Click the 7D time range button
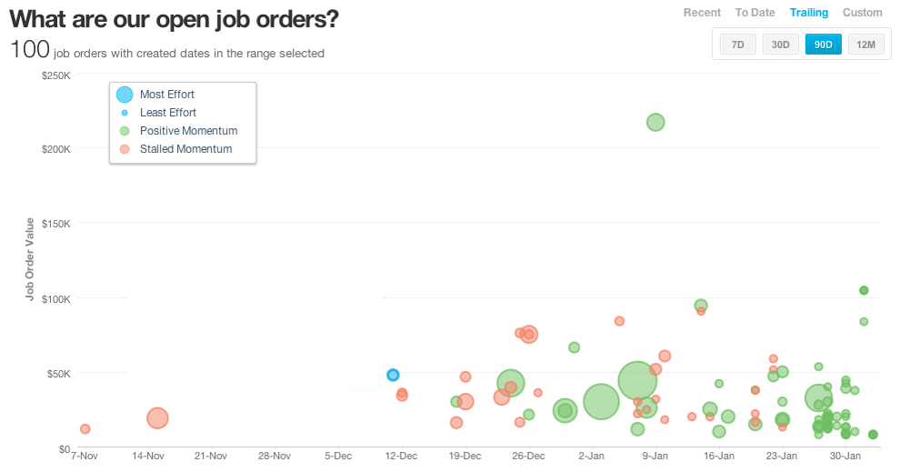coord(738,45)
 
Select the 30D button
coord(781,45)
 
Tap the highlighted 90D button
coord(824,45)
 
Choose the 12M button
coord(866,45)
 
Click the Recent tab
coord(702,13)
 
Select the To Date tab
coord(755,13)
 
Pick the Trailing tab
coord(809,13)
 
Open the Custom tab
coord(863,13)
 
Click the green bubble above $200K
coord(655,122)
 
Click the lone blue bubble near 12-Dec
coord(393,375)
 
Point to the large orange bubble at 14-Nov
coord(157,417)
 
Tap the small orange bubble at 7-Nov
coord(85,428)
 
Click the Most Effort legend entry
coord(166,95)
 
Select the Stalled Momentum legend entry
coord(185,149)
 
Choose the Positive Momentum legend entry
coord(188,131)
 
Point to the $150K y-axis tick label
coord(55,223)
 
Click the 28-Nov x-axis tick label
coord(274,456)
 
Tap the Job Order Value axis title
coord(30,260)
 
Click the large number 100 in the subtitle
coord(28,50)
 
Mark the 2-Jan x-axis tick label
coord(591,456)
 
